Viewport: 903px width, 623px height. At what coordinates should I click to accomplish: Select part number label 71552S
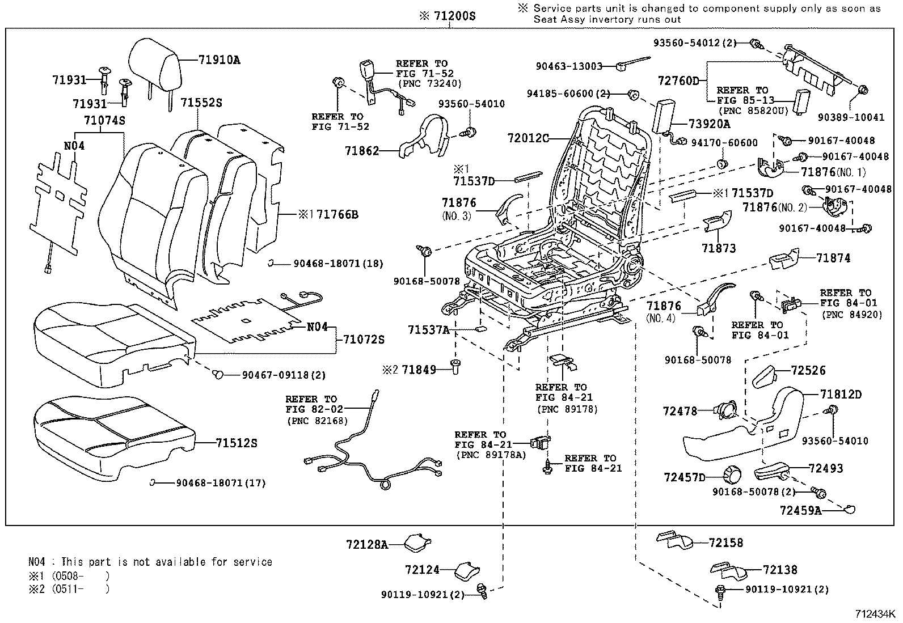click(x=201, y=103)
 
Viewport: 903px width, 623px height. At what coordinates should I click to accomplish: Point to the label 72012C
click(x=528, y=138)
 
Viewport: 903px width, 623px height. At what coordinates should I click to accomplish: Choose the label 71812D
click(x=840, y=395)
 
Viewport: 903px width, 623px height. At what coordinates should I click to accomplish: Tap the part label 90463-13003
click(x=569, y=66)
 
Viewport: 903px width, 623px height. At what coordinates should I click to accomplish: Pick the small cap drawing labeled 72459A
click(x=850, y=509)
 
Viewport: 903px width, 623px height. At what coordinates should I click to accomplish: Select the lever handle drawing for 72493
click(x=773, y=470)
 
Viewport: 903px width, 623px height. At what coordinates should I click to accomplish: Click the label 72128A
click(x=366, y=545)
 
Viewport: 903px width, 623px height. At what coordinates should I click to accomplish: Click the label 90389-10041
click(x=851, y=117)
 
